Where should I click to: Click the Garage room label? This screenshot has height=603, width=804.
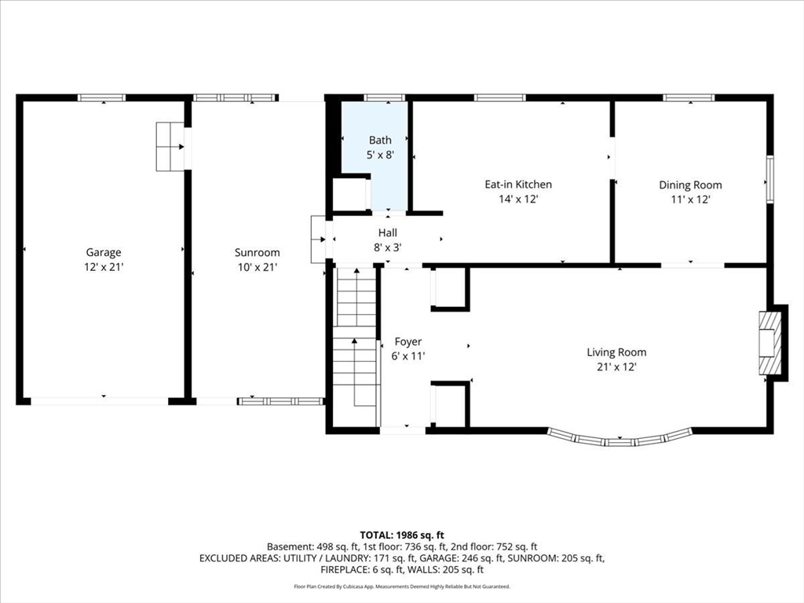(104, 252)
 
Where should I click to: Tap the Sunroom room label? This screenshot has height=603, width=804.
(258, 252)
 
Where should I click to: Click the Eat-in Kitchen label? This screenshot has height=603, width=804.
(518, 184)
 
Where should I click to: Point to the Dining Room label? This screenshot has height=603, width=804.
(690, 185)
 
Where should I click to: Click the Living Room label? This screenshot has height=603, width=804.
(617, 353)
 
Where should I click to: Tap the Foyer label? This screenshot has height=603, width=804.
(408, 342)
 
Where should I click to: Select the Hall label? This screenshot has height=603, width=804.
(388, 232)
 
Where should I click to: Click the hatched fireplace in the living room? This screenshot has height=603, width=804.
(770, 343)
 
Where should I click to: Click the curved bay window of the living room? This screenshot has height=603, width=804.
(619, 440)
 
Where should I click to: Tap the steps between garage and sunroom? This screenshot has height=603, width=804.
(170, 146)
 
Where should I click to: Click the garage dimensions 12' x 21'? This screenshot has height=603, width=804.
(104, 267)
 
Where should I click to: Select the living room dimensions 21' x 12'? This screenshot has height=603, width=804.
(617, 367)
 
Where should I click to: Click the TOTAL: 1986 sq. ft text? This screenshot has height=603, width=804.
(402, 535)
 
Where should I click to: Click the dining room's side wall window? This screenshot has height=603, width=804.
(769, 180)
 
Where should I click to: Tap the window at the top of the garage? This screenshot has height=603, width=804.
(101, 98)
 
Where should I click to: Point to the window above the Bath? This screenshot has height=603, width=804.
(385, 98)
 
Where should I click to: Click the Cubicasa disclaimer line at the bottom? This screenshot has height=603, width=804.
(402, 586)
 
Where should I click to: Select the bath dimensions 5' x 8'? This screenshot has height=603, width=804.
(381, 155)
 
